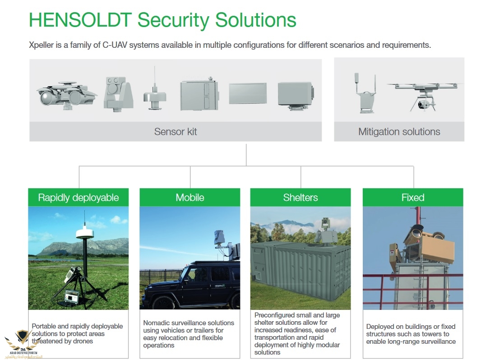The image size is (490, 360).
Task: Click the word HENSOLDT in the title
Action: point(80,20)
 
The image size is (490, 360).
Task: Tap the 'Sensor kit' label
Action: point(176,132)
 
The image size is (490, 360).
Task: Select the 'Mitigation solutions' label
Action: point(399,132)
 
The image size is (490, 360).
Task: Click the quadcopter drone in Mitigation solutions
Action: point(425,95)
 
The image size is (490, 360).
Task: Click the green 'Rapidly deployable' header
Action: point(79,197)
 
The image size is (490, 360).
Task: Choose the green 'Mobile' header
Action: point(190,197)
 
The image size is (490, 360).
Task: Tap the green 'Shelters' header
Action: point(300,197)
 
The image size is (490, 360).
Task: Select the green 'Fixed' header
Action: point(413,197)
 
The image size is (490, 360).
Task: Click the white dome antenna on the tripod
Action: point(84,232)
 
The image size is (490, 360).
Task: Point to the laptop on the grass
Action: point(72,297)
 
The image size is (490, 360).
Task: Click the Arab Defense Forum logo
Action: point(23,344)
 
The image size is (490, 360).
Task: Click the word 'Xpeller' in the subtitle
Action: point(41,45)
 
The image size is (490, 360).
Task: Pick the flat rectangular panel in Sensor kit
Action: point(248,93)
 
